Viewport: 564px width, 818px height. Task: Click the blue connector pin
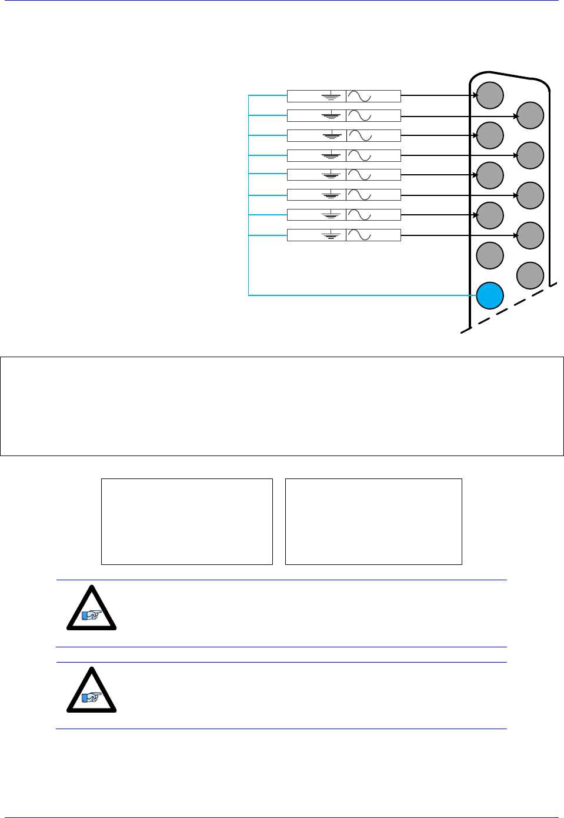pyautogui.click(x=489, y=295)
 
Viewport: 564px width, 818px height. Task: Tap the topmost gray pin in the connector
pyautogui.click(x=489, y=95)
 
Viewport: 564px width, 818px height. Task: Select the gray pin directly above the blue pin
pyautogui.click(x=489, y=255)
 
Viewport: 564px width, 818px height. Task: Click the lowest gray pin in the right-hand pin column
pyautogui.click(x=530, y=275)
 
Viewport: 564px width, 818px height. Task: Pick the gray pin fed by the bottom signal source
pyautogui.click(x=530, y=235)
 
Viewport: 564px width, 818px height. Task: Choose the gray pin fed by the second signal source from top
pyautogui.click(x=530, y=115)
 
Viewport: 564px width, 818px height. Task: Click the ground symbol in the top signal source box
pyautogui.click(x=331, y=96)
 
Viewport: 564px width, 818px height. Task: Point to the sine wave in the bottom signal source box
pyautogui.click(x=359, y=235)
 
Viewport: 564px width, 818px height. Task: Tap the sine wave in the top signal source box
pyautogui.click(x=359, y=96)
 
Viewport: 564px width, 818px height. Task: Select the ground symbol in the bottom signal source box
pyautogui.click(x=331, y=235)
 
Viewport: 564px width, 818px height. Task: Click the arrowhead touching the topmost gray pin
pyautogui.click(x=474, y=95)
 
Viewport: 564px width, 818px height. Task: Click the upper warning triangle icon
pyautogui.click(x=91, y=609)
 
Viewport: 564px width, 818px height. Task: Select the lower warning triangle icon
pyautogui.click(x=91, y=691)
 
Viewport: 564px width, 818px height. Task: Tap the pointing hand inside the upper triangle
pyautogui.click(x=92, y=616)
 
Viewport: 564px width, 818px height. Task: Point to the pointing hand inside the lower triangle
pyautogui.click(x=92, y=697)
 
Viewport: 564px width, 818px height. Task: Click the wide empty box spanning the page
pyautogui.click(x=282, y=406)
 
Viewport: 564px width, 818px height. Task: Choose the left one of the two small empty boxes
pyautogui.click(x=187, y=521)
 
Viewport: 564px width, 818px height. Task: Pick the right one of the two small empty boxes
pyautogui.click(x=373, y=521)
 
